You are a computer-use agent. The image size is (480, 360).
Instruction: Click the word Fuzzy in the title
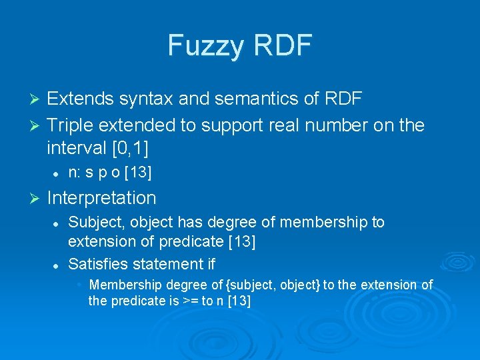[x=205, y=45]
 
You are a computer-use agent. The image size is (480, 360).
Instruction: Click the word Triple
[x=72, y=125]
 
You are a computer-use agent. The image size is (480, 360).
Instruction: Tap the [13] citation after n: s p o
[x=137, y=173]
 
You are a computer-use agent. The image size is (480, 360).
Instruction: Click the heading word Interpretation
[x=101, y=198]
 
